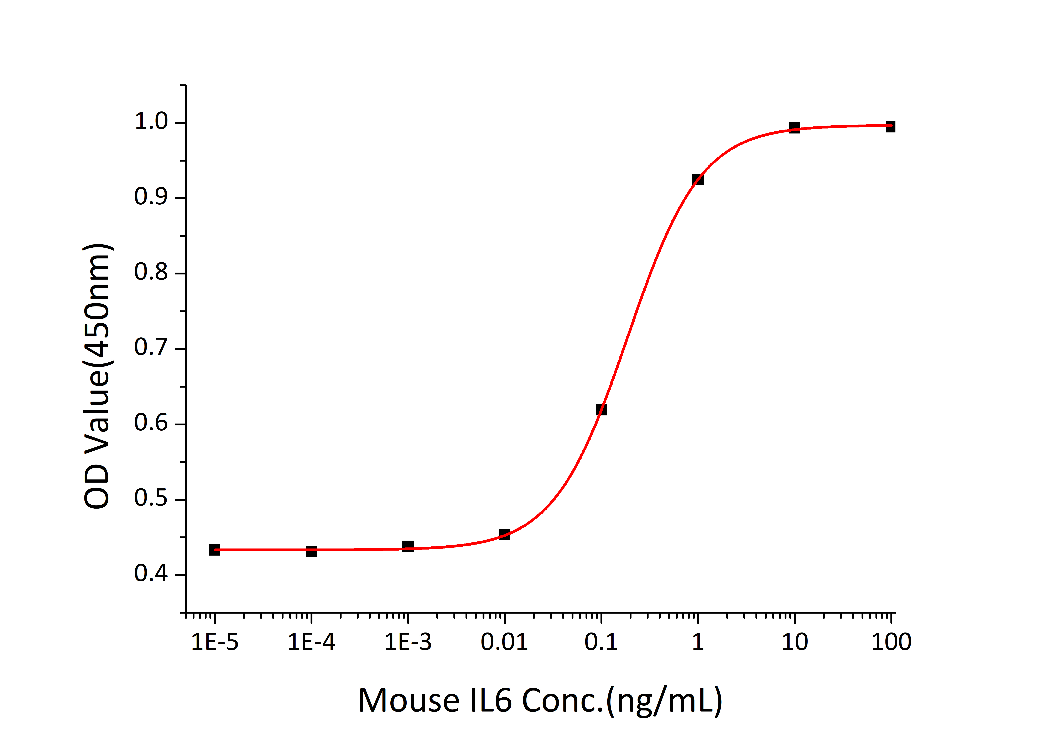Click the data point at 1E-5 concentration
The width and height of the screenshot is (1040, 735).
coord(215,550)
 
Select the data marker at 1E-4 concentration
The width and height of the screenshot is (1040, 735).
coord(311,551)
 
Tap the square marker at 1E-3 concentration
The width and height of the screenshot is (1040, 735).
coord(408,546)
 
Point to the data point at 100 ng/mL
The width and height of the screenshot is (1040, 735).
coord(890,127)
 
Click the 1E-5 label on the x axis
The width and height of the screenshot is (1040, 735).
coord(215,642)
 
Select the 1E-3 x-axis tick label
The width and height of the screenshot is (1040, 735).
coord(408,642)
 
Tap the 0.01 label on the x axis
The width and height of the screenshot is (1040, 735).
coord(504,642)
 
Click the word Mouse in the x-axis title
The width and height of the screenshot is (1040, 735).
coord(409,701)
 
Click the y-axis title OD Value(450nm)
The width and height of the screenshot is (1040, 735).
coord(97,376)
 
